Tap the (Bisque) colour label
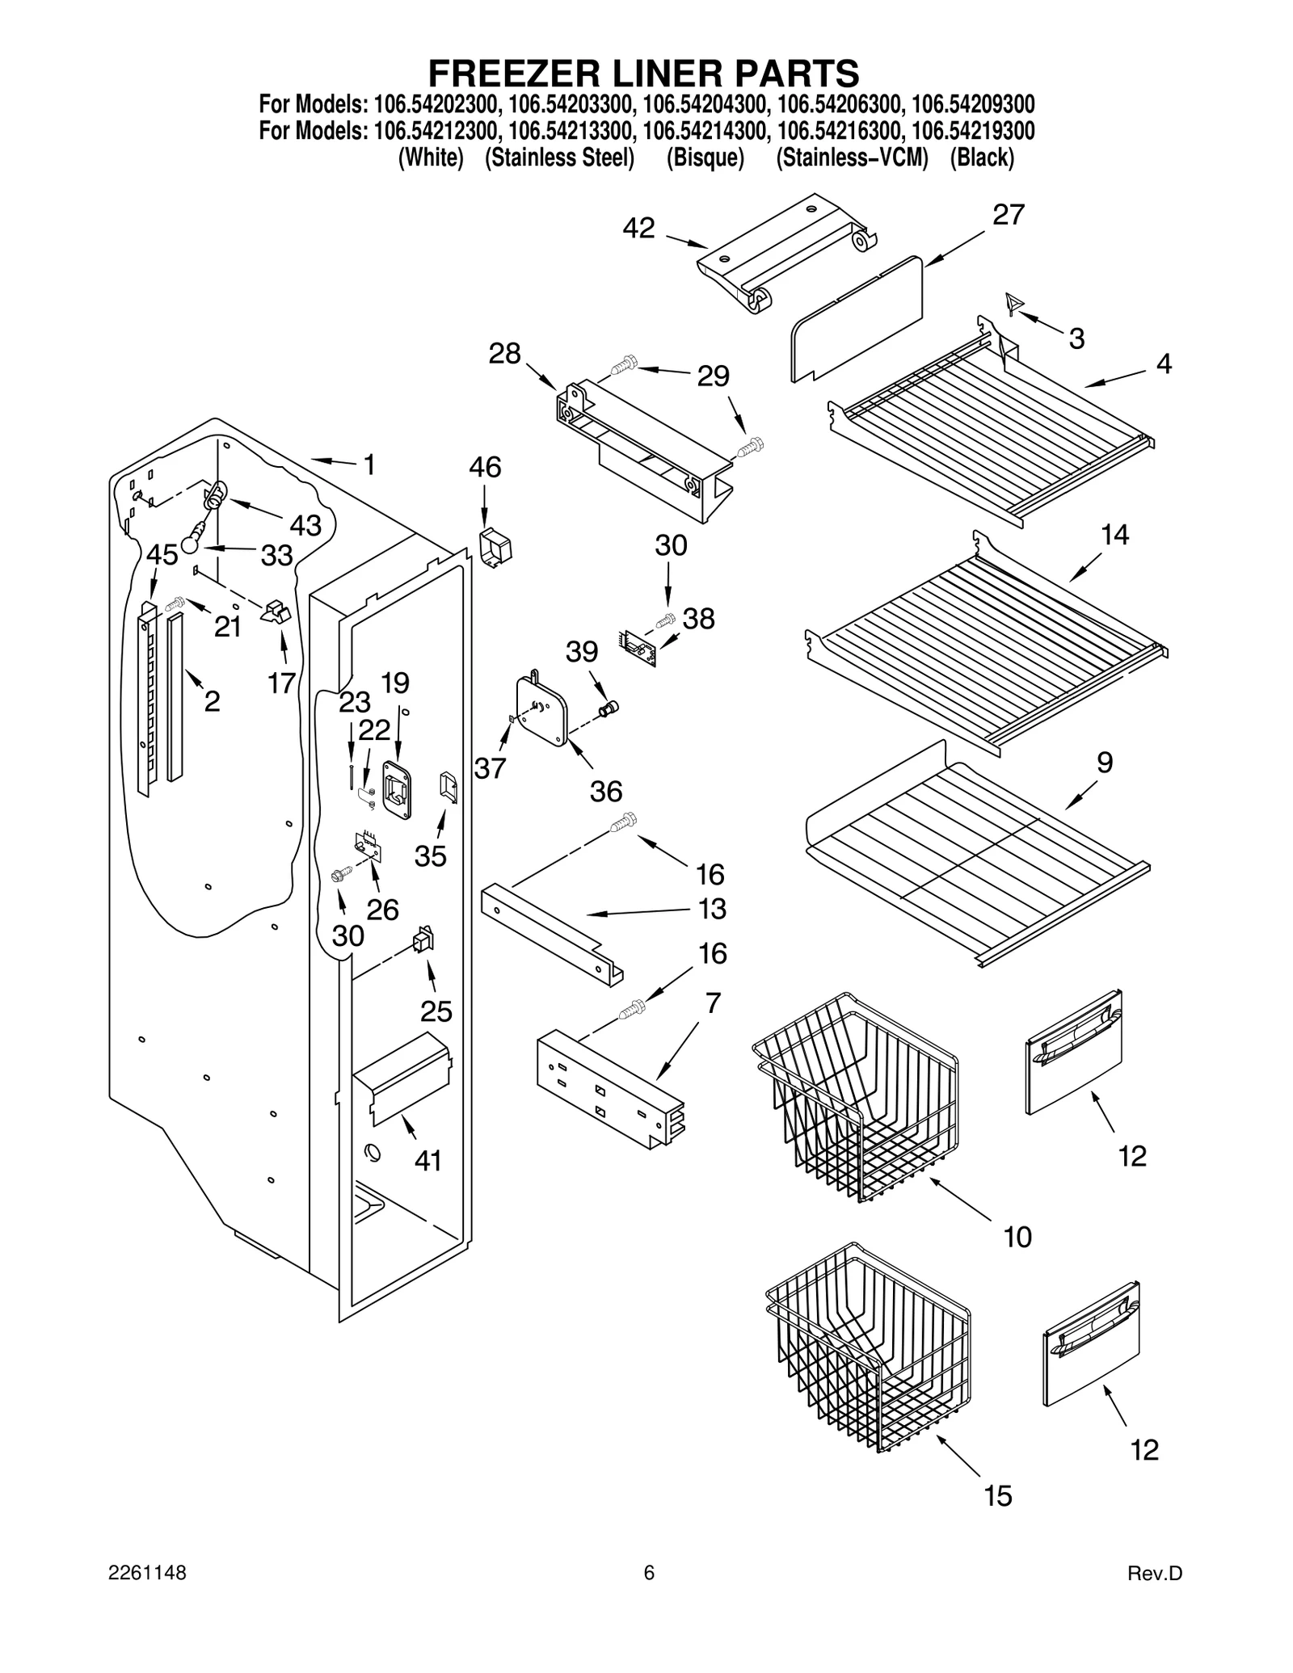tap(705, 158)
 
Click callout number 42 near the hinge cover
tap(638, 229)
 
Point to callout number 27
tap(1008, 215)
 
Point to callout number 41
tap(427, 1161)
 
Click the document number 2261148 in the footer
tap(147, 1595)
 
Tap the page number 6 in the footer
tap(648, 1595)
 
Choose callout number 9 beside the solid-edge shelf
tap(1104, 762)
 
